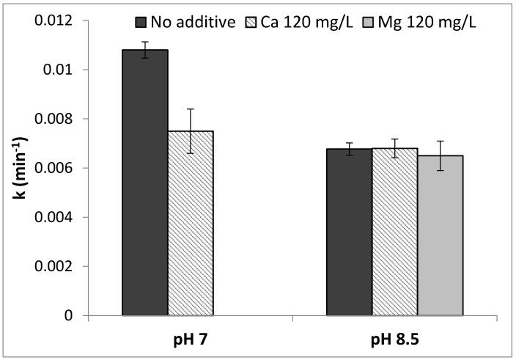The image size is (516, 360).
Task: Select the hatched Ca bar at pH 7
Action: [190, 224]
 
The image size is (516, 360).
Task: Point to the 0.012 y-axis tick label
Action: [55, 21]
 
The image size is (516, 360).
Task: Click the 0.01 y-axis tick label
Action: [59, 70]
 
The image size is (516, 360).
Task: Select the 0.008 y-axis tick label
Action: [55, 119]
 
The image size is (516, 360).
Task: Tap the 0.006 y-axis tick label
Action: [55, 168]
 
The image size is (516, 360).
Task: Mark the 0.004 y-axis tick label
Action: [55, 217]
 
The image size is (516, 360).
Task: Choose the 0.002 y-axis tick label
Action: [55, 266]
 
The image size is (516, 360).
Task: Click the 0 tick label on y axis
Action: [67, 316]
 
